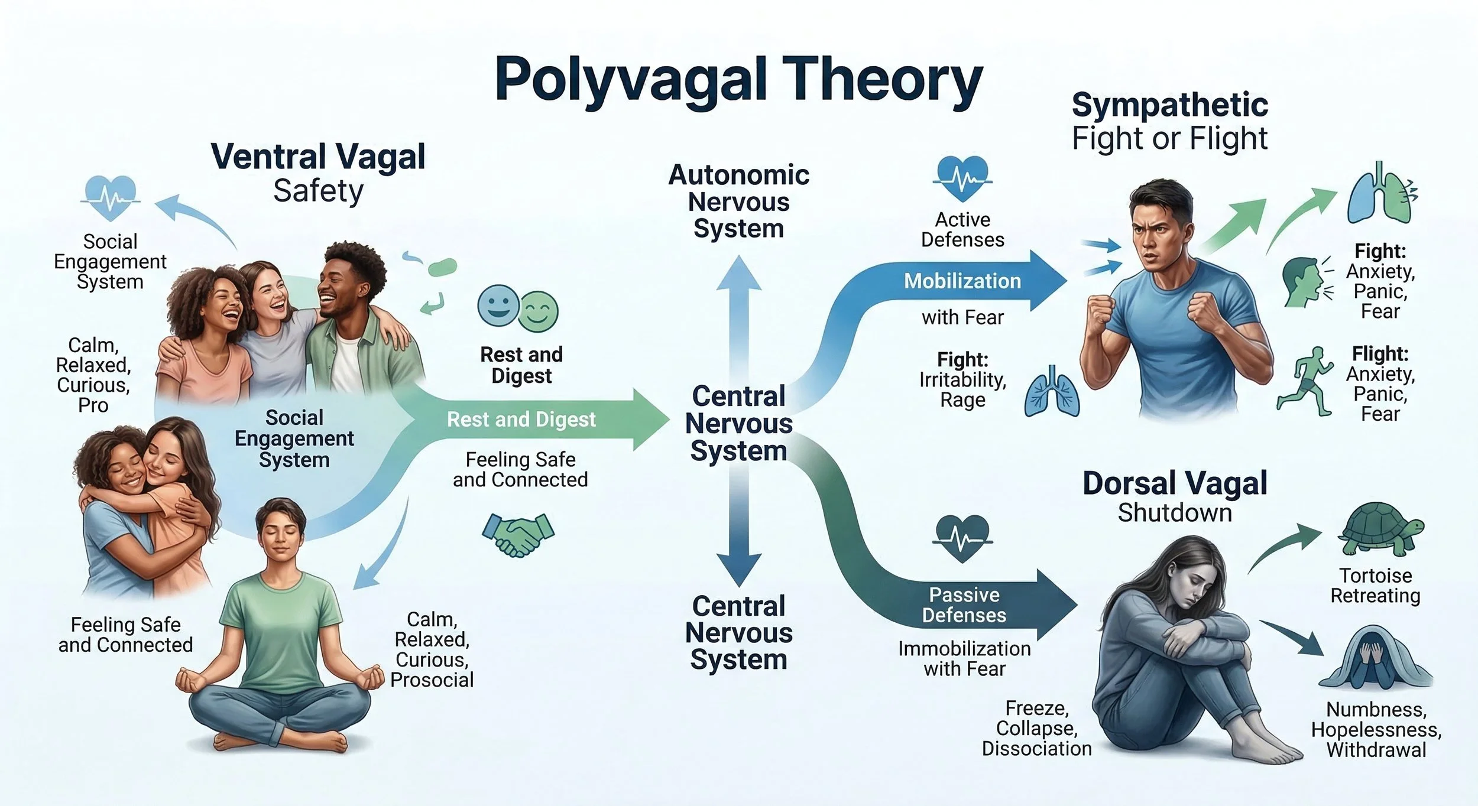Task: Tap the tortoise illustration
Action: click(1380, 529)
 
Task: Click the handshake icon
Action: click(518, 535)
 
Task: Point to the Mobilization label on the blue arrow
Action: click(962, 281)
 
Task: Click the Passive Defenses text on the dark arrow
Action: click(964, 605)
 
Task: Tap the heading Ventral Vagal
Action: click(318, 157)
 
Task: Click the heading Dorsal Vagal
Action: click(1174, 483)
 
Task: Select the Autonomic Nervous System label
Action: click(738, 201)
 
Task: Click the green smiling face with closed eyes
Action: click(539, 311)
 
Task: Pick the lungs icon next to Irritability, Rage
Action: click(1052, 392)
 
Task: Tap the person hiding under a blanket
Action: click(1375, 659)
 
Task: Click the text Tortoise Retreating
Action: click(1375, 586)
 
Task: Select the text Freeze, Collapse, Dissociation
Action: click(1036, 729)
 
